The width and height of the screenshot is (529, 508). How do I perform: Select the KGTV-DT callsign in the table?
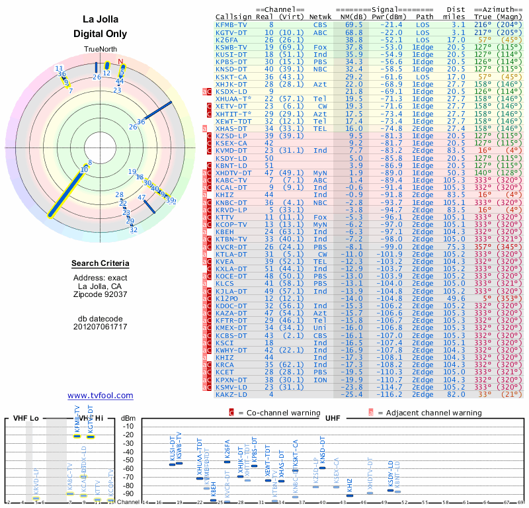click(231, 32)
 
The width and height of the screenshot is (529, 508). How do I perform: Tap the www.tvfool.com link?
click(100, 396)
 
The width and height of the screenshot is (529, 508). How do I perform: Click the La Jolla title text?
click(100, 20)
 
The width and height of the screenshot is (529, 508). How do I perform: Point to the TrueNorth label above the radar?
click(100, 50)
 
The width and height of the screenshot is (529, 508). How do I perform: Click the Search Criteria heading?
click(100, 264)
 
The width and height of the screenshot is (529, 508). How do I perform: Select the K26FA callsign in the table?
click(227, 39)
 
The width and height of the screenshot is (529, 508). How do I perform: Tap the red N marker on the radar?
click(120, 62)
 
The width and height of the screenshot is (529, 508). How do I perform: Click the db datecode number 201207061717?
click(100, 327)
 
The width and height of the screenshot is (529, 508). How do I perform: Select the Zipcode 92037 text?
click(100, 294)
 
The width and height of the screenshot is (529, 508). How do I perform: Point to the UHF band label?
click(333, 418)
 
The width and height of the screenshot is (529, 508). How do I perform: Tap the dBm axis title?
click(127, 418)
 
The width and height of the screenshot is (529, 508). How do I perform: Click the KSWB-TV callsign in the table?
click(231, 47)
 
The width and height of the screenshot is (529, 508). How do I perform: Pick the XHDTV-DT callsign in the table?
click(233, 173)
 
